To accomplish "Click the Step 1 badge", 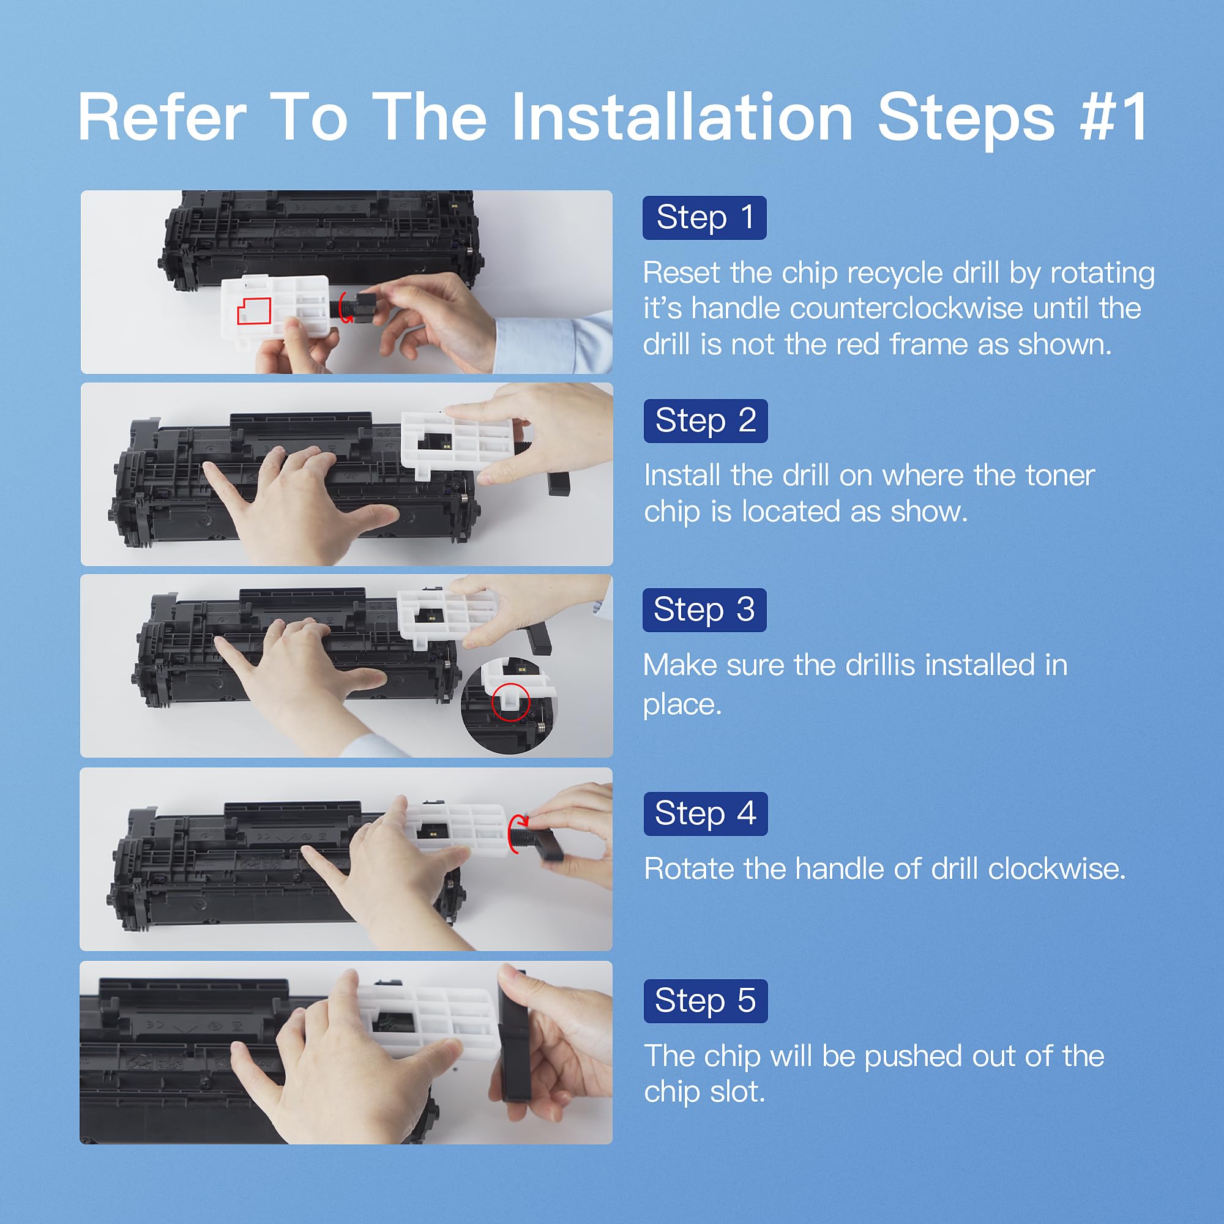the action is [x=704, y=218].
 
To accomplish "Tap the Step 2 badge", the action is [x=705, y=420].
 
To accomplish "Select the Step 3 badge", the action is [x=704, y=610].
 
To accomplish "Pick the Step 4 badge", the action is [x=705, y=813].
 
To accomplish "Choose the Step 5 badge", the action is [x=705, y=1001].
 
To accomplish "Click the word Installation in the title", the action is [x=682, y=118].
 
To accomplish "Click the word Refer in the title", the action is [x=162, y=118].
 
